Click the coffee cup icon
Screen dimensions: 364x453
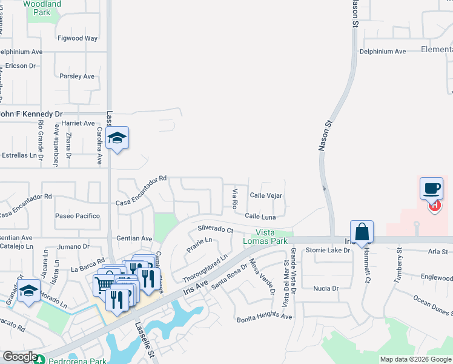coord(431,188)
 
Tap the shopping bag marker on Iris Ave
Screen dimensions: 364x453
coord(362,231)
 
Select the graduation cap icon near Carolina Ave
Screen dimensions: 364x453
coord(117,138)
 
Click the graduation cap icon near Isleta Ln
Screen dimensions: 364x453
coord(28,291)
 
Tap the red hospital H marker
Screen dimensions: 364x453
coord(434,206)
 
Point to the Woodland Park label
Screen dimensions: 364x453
coord(42,8)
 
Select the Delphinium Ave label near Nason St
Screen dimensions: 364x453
coord(382,52)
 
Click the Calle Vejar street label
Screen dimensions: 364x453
coord(266,195)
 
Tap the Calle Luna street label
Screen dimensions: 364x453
coord(260,216)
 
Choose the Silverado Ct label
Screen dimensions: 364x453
coord(216,229)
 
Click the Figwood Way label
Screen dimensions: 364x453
coord(78,38)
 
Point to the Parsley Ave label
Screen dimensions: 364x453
coord(77,76)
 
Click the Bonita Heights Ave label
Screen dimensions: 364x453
coord(264,318)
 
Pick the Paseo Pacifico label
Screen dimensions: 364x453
coord(78,216)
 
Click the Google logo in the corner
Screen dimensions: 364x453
coord(20,357)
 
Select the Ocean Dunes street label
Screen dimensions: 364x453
coord(434,305)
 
